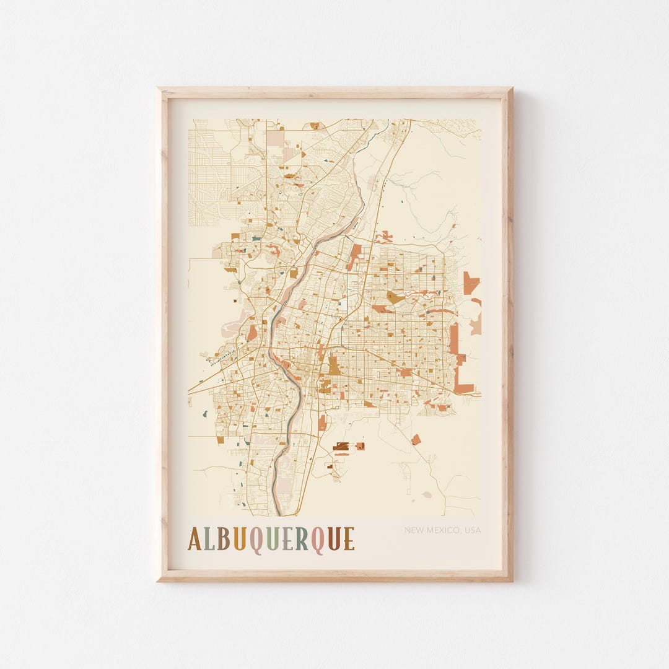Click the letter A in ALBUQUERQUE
pos(195,539)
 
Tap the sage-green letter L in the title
pos(209,539)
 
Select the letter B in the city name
pos(223,539)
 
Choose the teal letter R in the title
pos(302,539)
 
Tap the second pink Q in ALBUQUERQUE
pos(317,540)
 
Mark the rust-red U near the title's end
pos(334,539)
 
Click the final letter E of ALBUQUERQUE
pos(349,539)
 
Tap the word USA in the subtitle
pos(473,530)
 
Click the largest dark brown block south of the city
pos(341,446)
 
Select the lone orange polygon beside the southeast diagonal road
pos(416,440)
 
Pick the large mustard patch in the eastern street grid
pos(395,297)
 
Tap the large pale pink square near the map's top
pos(275,138)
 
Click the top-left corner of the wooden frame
pos(159,90)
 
